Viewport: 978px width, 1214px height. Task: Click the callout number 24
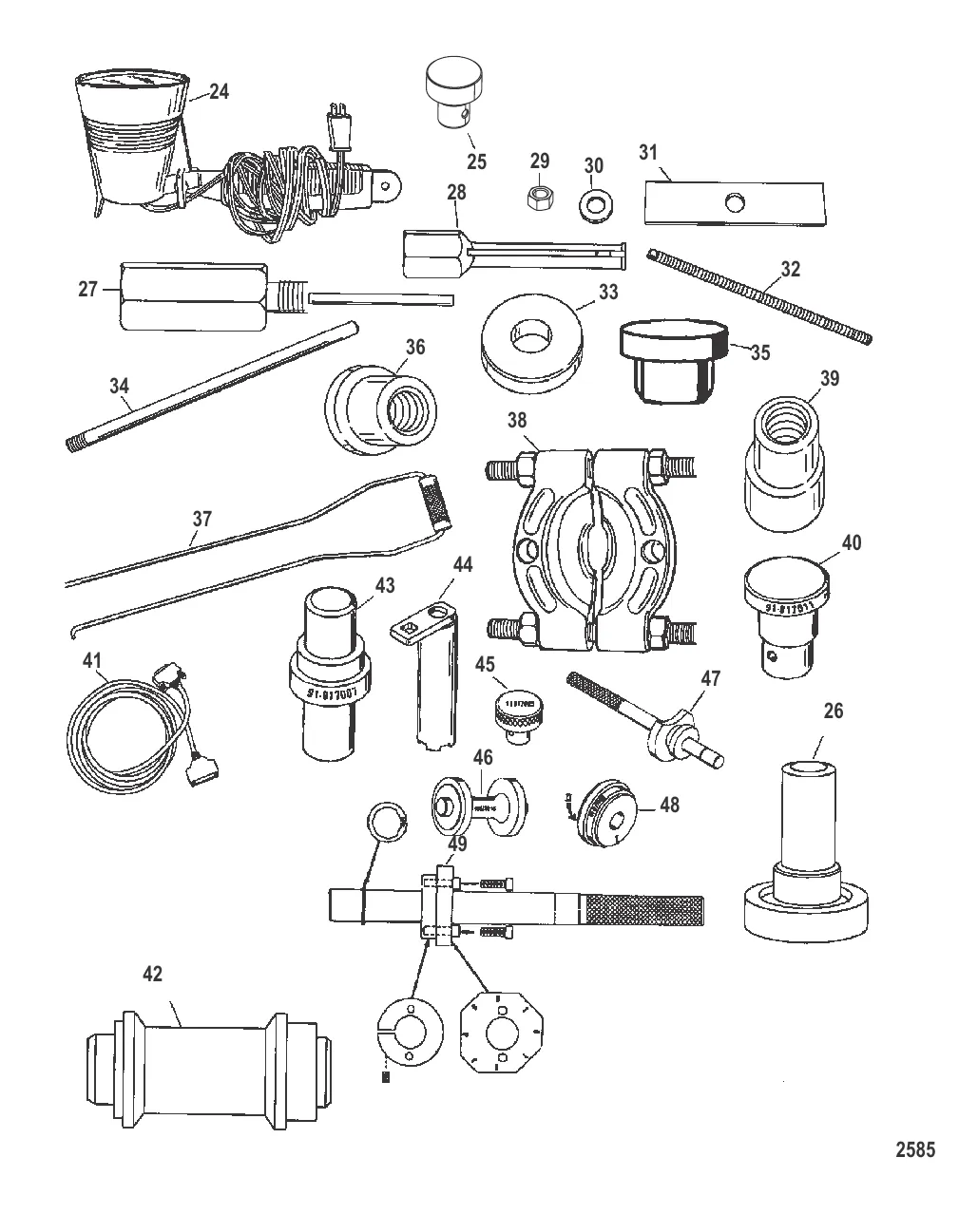tap(219, 92)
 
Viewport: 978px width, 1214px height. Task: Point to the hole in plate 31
tap(733, 201)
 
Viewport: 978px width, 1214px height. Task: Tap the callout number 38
tap(517, 420)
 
